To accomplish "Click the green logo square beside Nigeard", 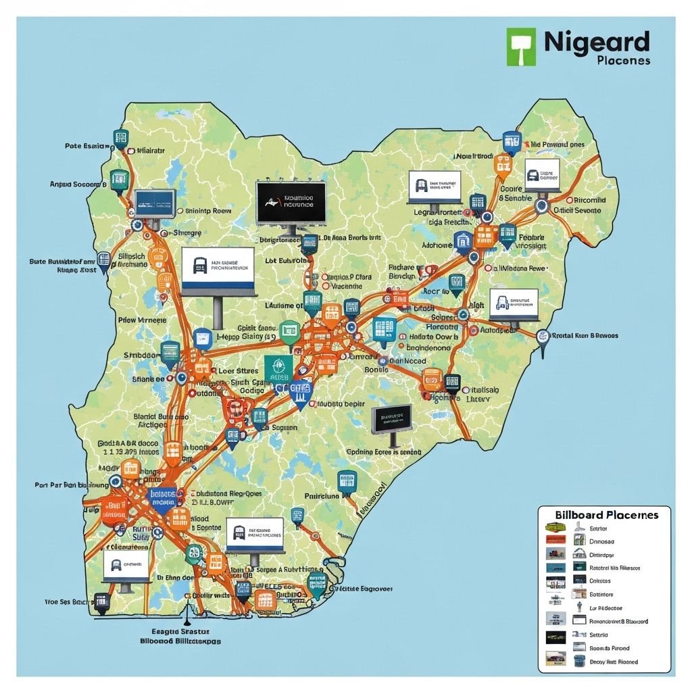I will [x=521, y=47].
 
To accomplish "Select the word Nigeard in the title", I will [x=596, y=42].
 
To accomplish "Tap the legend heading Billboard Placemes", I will [x=606, y=514].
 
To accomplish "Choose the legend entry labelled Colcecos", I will [x=600, y=580].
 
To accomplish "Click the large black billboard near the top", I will [x=291, y=202].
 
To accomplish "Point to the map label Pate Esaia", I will [x=87, y=145].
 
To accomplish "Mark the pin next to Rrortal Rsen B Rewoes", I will [x=542, y=337].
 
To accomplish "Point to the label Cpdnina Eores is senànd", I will [x=383, y=451].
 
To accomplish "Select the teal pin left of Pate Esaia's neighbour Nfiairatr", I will [x=121, y=139].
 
